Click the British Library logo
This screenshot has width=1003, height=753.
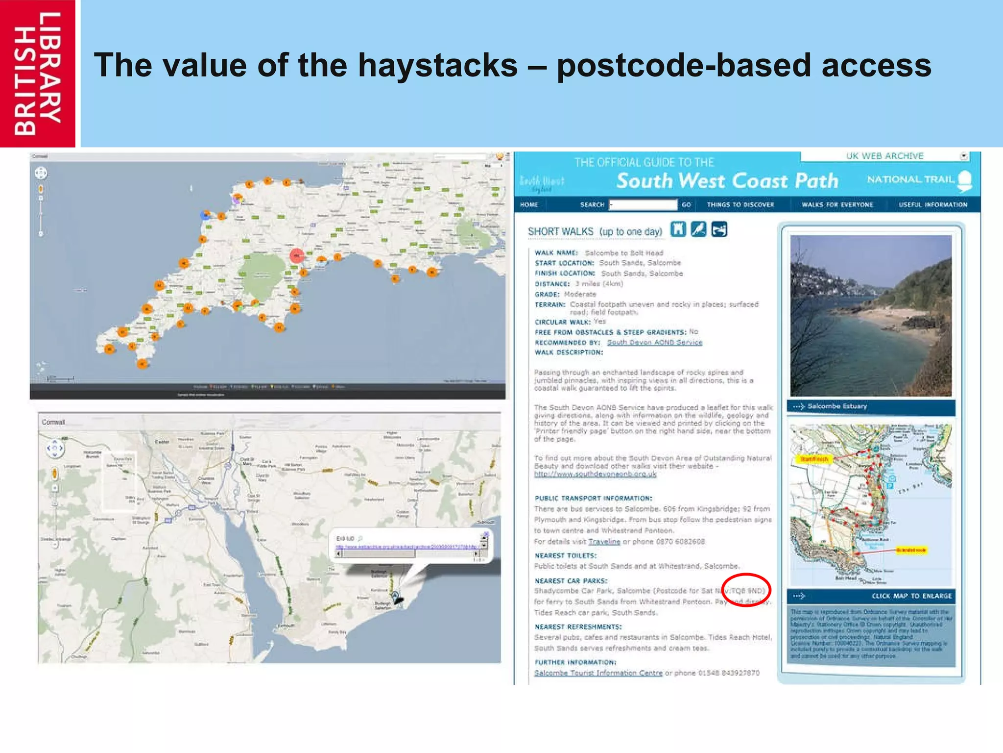[x=38, y=74]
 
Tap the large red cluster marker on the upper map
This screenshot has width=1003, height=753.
[x=297, y=255]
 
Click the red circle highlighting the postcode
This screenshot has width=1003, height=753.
[x=746, y=590]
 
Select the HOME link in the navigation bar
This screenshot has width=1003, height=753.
[x=529, y=204]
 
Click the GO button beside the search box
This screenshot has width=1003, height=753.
[x=686, y=204]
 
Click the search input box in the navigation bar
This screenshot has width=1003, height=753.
[x=643, y=204]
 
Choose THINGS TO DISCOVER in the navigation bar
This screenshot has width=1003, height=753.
[x=740, y=204]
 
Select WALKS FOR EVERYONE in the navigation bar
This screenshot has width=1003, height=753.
[x=837, y=204]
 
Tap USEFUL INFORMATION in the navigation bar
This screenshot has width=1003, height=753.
[x=932, y=204]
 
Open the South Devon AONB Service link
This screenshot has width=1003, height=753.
[x=654, y=342]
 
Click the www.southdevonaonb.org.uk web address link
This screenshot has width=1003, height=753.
[x=595, y=474]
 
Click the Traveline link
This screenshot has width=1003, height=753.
[x=604, y=541]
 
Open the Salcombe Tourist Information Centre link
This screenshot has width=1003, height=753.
[x=598, y=673]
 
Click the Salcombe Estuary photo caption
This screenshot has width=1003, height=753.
[x=837, y=406]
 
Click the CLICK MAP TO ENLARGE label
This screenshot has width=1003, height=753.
[x=911, y=596]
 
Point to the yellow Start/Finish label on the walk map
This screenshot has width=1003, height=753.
[x=814, y=459]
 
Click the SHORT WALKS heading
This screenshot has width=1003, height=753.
[x=595, y=231]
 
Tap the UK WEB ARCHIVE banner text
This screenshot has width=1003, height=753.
[x=884, y=156]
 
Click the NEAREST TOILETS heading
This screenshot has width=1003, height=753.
[x=566, y=555]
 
